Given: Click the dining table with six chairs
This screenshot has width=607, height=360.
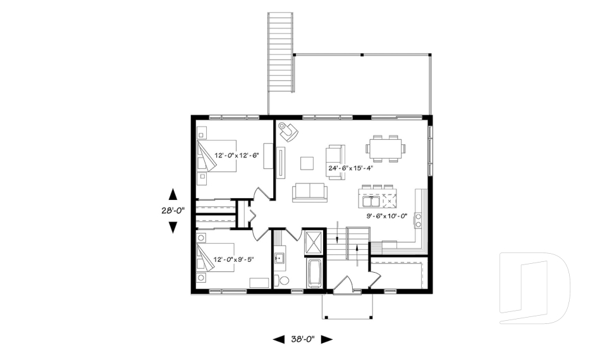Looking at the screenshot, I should (386, 147).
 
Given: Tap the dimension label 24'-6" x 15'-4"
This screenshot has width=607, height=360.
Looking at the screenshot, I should (351, 168).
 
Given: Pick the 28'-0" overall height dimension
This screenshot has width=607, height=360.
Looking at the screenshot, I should (173, 212).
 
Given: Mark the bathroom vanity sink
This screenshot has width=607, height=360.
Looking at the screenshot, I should (279, 258).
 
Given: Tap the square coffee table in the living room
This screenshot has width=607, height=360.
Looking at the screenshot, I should (307, 163).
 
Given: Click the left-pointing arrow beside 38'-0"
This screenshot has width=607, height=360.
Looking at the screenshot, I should (278, 340).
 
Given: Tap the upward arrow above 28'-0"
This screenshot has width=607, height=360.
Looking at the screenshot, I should (173, 194).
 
